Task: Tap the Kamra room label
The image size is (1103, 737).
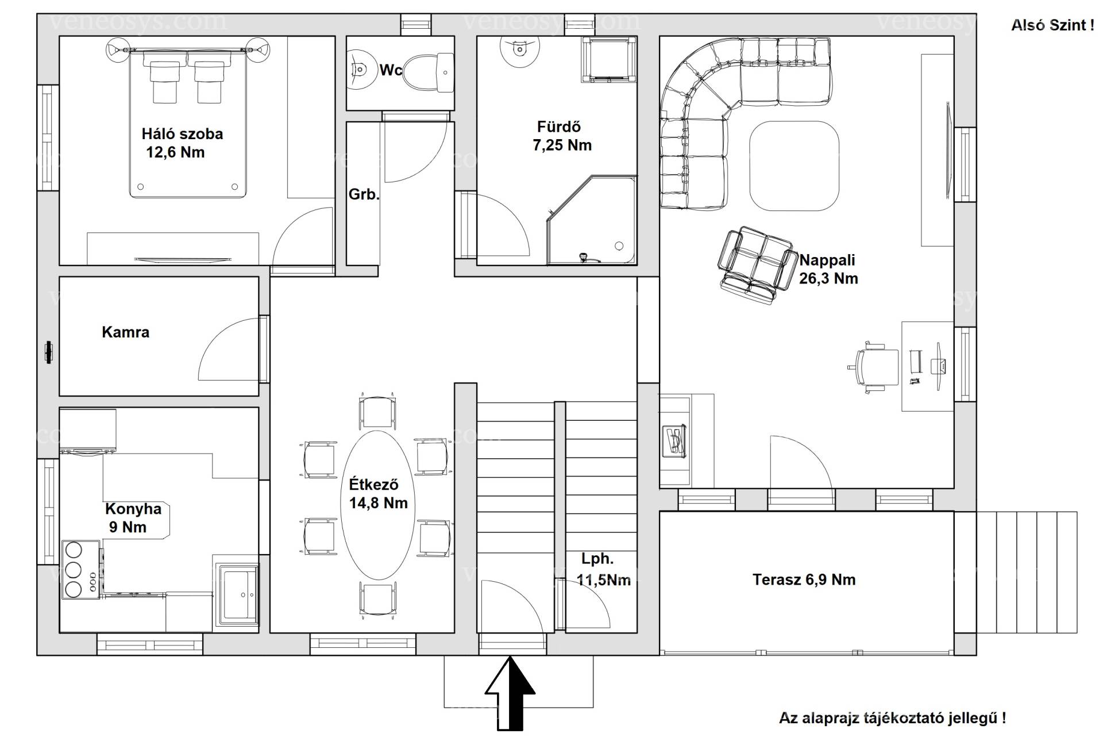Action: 125,332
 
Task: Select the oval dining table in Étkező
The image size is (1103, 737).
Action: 377,505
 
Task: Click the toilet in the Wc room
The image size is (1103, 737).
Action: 428,72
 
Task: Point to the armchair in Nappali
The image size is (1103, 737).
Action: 755,265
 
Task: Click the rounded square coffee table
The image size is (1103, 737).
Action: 794,166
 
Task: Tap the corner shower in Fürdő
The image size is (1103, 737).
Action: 592,220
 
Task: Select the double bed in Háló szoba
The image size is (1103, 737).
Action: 188,124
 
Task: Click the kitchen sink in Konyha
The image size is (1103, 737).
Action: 237,594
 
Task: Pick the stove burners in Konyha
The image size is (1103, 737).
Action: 74,569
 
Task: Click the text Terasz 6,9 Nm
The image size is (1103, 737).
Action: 804,579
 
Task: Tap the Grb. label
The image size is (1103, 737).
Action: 364,194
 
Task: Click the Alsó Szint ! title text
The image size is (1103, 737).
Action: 1052,25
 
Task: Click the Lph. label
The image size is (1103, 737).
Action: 597,558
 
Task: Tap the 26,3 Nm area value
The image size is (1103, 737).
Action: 828,279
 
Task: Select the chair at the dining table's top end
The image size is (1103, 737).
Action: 377,411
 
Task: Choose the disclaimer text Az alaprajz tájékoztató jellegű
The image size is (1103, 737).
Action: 888,718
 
